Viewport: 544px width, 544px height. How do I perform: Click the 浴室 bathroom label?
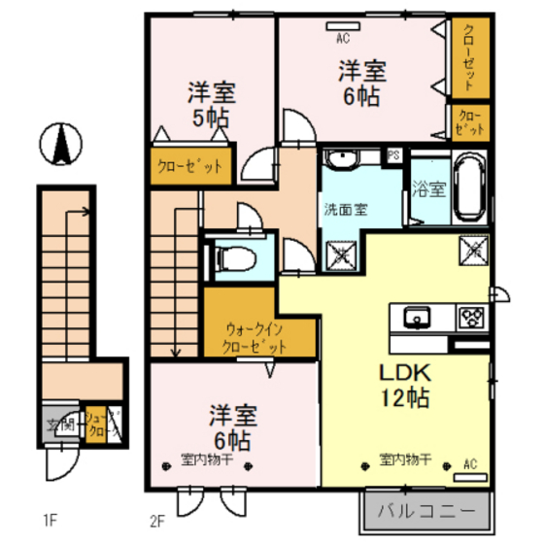pos(428,189)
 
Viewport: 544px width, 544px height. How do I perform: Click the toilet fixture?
pos(234,259)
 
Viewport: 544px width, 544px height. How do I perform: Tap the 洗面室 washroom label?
pos(345,208)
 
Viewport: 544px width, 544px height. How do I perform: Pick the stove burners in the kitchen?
pos(471,317)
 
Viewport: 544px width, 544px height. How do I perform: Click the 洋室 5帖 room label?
pos(211,107)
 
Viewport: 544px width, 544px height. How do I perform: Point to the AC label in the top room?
pos(343,40)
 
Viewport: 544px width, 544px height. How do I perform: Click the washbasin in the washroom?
pos(342,158)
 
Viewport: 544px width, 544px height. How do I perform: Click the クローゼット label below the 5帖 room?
pos(190,166)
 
